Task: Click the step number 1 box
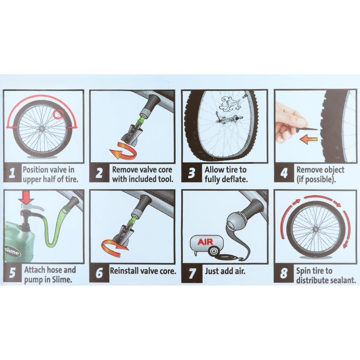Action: coord(12,173)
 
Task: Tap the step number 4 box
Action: coord(284,173)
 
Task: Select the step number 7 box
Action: coord(192,273)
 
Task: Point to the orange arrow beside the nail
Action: coord(309,139)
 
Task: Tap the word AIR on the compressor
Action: coord(206,242)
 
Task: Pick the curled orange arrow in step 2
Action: coord(123,150)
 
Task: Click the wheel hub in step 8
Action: coord(316,229)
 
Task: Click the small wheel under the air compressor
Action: coord(213,251)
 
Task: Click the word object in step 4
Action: coord(333,170)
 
